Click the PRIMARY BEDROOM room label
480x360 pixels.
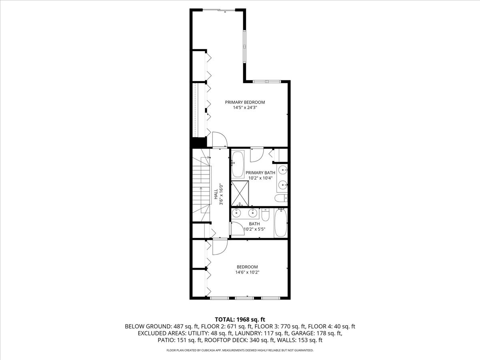pos(245,102)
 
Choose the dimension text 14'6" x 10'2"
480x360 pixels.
pos(247,273)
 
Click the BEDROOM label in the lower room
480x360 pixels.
pos(247,267)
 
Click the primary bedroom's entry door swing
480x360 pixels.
pos(219,140)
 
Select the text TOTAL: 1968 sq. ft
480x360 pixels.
pos(240,319)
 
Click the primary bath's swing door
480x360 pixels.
pos(256,155)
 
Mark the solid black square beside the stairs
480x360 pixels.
pos(199,142)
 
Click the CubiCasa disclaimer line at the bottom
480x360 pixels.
pos(240,350)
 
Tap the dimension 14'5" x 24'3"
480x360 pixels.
pos(245,108)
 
